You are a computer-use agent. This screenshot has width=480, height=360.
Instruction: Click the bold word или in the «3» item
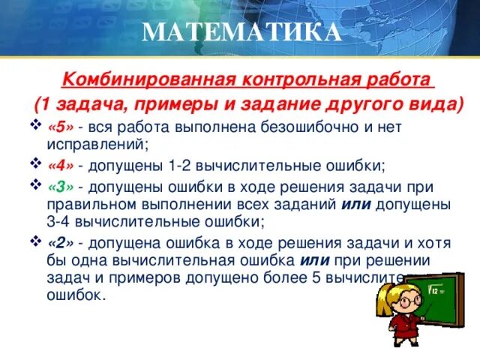pyautogui.click(x=355, y=203)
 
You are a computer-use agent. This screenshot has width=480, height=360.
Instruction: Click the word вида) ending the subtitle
pyautogui.click(x=436, y=103)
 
